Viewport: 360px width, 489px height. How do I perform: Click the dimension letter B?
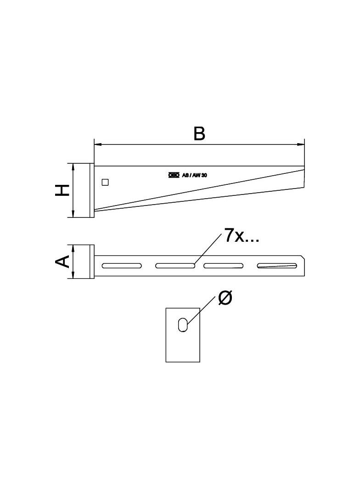pyautogui.click(x=199, y=134)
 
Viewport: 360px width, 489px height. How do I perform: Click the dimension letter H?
pyautogui.click(x=62, y=190)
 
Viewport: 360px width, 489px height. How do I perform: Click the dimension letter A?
pyautogui.click(x=62, y=261)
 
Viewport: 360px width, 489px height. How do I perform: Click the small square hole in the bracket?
pyautogui.click(x=105, y=182)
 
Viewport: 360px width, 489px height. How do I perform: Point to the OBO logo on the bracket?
pyautogui.click(x=174, y=175)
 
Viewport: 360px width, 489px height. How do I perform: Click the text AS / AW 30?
pyautogui.click(x=195, y=175)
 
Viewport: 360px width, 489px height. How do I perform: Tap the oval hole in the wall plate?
pyautogui.click(x=183, y=325)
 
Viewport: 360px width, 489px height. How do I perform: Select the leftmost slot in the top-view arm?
pyautogui.click(x=122, y=266)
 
